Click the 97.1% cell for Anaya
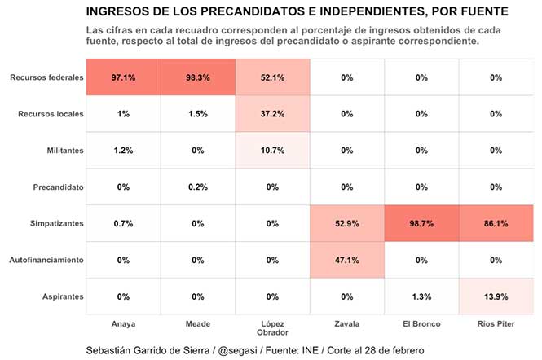123,77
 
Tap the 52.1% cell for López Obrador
273,77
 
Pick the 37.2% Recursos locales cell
273,114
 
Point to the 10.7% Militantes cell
273,151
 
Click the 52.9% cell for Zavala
347,224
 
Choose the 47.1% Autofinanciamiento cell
347,261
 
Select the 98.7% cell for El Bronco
421,224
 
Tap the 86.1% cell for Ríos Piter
496,224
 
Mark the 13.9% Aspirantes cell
496,297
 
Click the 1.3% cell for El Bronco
421,297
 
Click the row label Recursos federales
46,77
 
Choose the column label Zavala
347,323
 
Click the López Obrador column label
273,328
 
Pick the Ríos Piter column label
496,323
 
